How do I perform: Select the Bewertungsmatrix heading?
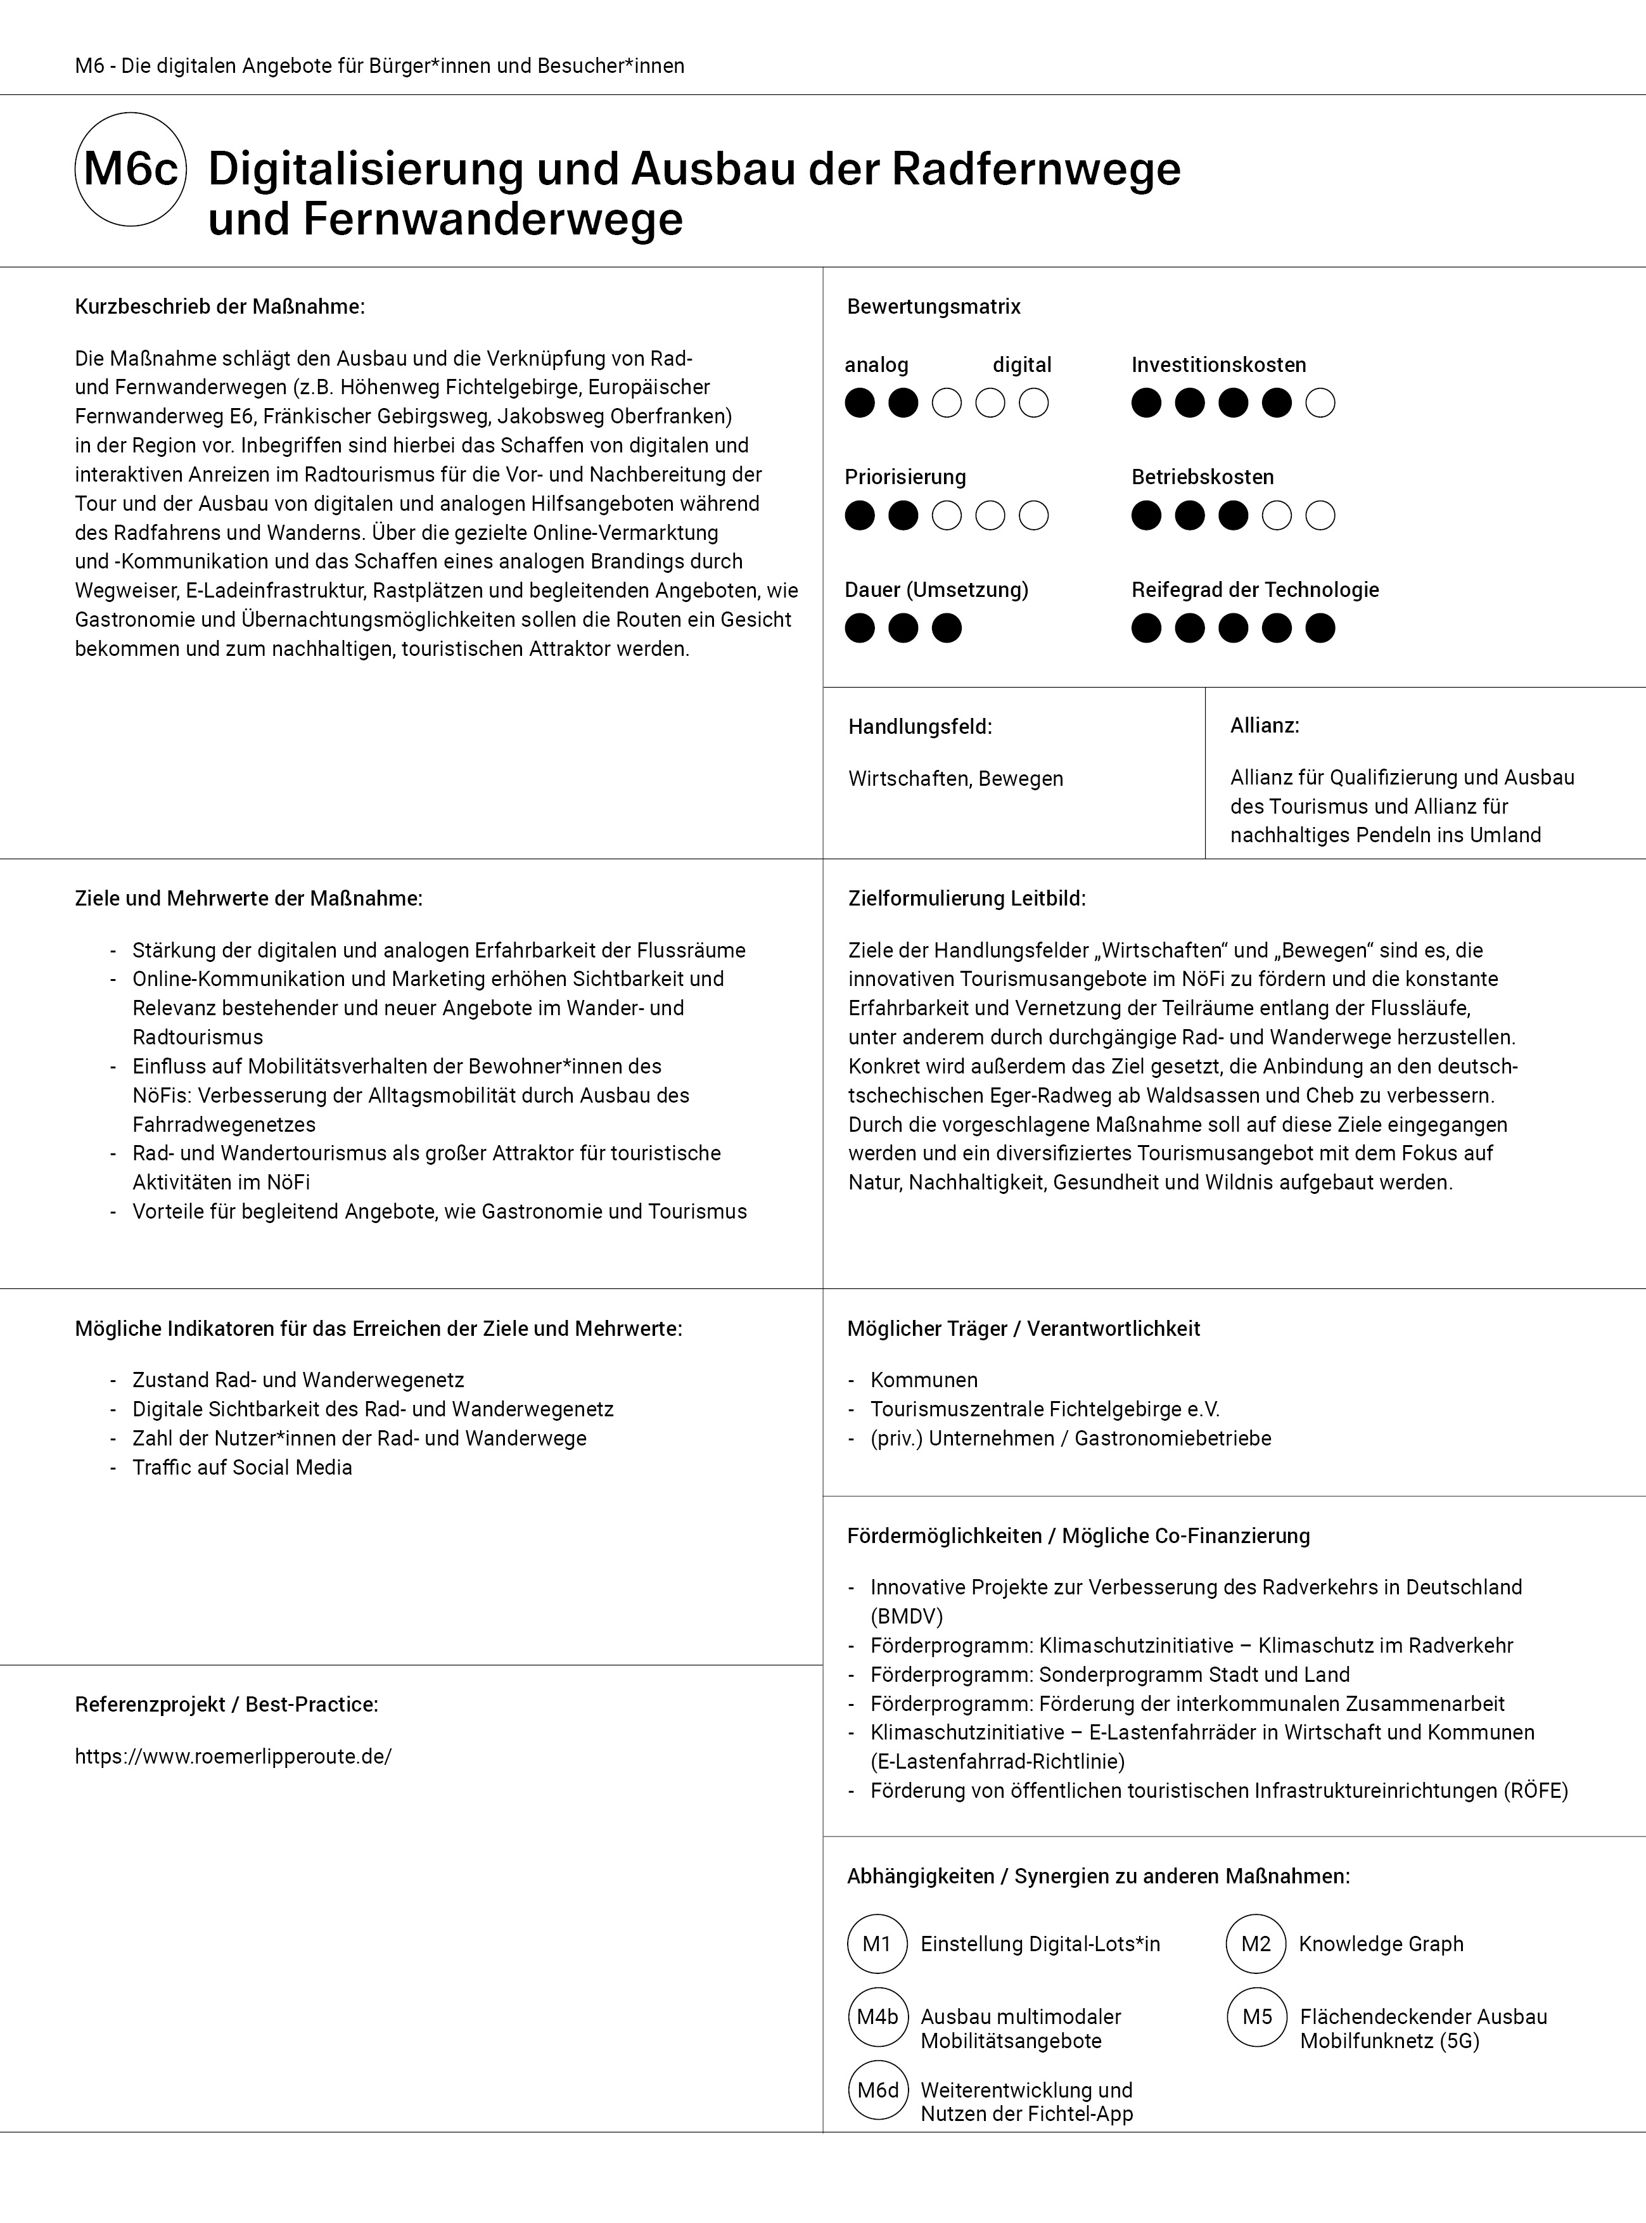(x=934, y=307)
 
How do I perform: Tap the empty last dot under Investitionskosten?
(x=1320, y=404)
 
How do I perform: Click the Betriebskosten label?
(x=1202, y=477)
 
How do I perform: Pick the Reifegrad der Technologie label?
(x=1254, y=590)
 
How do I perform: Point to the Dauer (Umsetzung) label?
(x=936, y=590)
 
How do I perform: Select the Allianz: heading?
(x=1265, y=726)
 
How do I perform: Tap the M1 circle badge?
(x=876, y=1944)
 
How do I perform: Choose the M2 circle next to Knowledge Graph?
(x=1256, y=1944)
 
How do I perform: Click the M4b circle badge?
(x=877, y=2017)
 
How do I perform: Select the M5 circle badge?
(x=1258, y=2017)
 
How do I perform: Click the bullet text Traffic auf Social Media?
(x=242, y=1468)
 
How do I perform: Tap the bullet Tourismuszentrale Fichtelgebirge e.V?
(x=1044, y=1409)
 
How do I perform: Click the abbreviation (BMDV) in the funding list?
(x=906, y=1616)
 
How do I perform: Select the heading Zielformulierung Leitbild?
(x=966, y=899)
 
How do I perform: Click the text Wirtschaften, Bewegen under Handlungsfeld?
(x=955, y=779)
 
